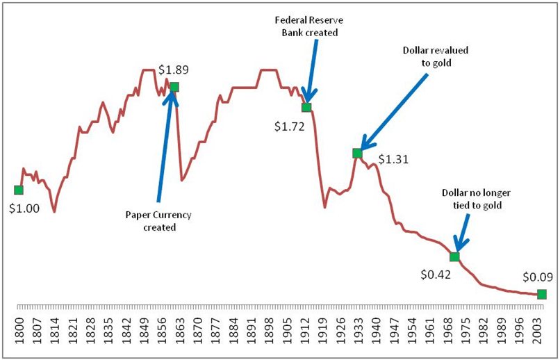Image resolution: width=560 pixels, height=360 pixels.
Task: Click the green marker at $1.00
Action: click(x=19, y=190)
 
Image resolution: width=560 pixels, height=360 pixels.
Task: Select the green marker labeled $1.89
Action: click(x=174, y=87)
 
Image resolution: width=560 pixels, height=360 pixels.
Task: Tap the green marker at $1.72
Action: click(x=306, y=107)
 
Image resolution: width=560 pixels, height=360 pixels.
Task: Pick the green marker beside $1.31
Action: click(x=357, y=153)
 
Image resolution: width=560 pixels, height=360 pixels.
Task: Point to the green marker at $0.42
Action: click(x=454, y=256)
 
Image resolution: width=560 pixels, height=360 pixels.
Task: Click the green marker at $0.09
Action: click(x=542, y=294)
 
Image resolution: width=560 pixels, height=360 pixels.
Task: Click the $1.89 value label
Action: click(x=174, y=69)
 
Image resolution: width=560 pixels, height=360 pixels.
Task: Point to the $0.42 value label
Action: click(x=436, y=274)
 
